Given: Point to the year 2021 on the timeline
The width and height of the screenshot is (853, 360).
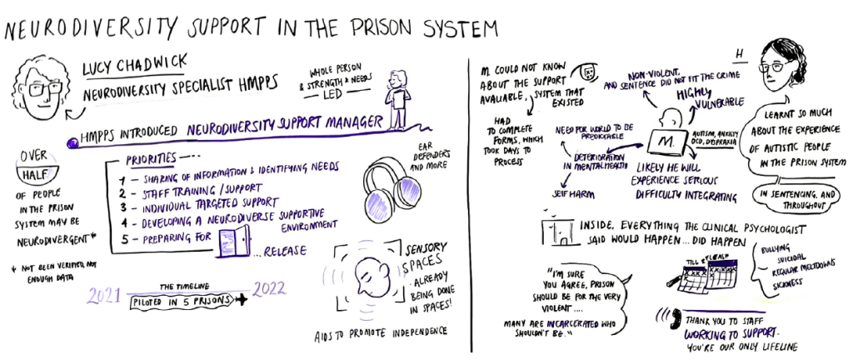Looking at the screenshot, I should click(x=106, y=297).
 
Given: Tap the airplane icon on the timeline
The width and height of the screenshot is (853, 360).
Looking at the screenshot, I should click(x=242, y=300).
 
